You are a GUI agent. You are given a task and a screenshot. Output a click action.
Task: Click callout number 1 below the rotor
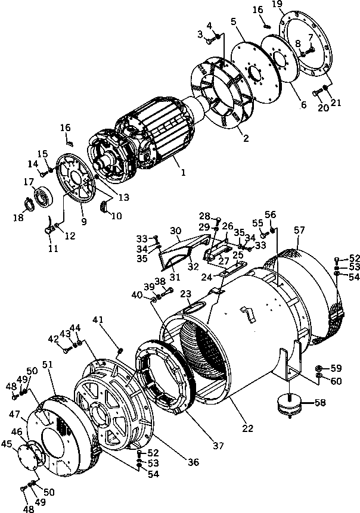[184, 173]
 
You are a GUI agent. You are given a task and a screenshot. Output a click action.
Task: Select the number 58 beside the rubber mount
[320, 403]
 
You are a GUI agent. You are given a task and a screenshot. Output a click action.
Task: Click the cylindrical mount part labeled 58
[288, 406]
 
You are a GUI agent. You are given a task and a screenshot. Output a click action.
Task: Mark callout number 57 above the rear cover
[298, 229]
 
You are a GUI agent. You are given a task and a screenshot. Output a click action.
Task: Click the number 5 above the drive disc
[234, 21]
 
